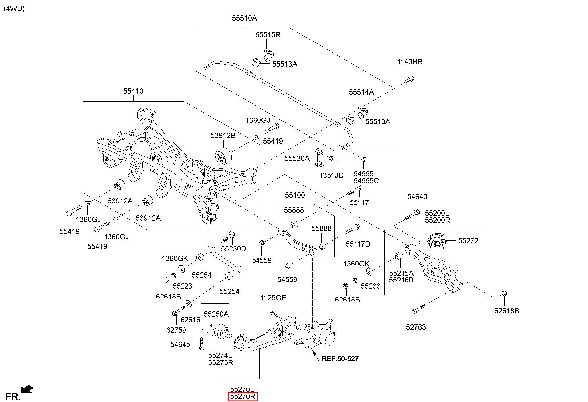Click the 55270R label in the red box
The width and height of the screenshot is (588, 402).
click(x=243, y=396)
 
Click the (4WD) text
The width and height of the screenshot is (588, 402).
click(x=14, y=9)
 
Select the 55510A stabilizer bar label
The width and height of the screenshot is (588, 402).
click(x=244, y=18)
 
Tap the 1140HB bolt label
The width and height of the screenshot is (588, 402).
click(x=410, y=62)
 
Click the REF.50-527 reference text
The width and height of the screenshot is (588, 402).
click(x=340, y=359)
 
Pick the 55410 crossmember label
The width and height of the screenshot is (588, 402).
click(x=133, y=91)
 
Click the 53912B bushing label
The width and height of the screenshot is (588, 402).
click(x=223, y=136)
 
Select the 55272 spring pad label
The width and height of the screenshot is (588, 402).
click(x=468, y=241)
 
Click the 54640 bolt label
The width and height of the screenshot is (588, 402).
click(x=417, y=197)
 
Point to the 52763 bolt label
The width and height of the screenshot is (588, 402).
click(x=416, y=327)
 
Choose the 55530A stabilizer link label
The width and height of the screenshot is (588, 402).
click(x=297, y=159)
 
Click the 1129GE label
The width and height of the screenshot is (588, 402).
click(x=273, y=298)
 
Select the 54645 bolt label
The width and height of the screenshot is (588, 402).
click(x=180, y=345)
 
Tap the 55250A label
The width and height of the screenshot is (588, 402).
click(x=216, y=314)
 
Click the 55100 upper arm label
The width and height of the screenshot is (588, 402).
click(x=295, y=195)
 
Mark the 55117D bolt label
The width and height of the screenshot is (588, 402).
click(x=358, y=244)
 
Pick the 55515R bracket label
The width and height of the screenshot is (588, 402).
click(x=268, y=35)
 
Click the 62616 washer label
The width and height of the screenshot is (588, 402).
click(x=190, y=320)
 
